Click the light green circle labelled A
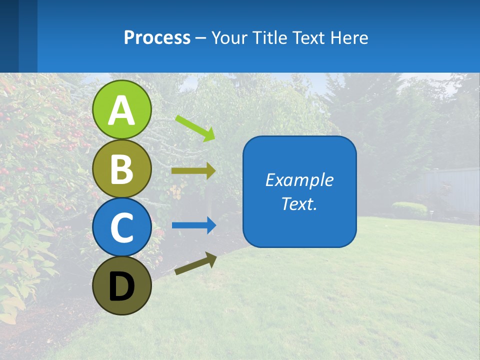[x=122, y=109]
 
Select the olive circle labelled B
[x=122, y=168]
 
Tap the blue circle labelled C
[x=122, y=227]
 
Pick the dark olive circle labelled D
[x=122, y=285]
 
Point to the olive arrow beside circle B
[x=193, y=171]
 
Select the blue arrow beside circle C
[x=194, y=225]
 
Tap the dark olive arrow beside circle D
[x=195, y=263]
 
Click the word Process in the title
[x=157, y=37]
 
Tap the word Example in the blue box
[x=299, y=180]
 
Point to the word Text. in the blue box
[x=299, y=203]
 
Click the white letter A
[x=122, y=110]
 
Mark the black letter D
[x=122, y=286]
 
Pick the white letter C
[x=122, y=228]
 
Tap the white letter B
[x=122, y=169]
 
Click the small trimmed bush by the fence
[x=409, y=208]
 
